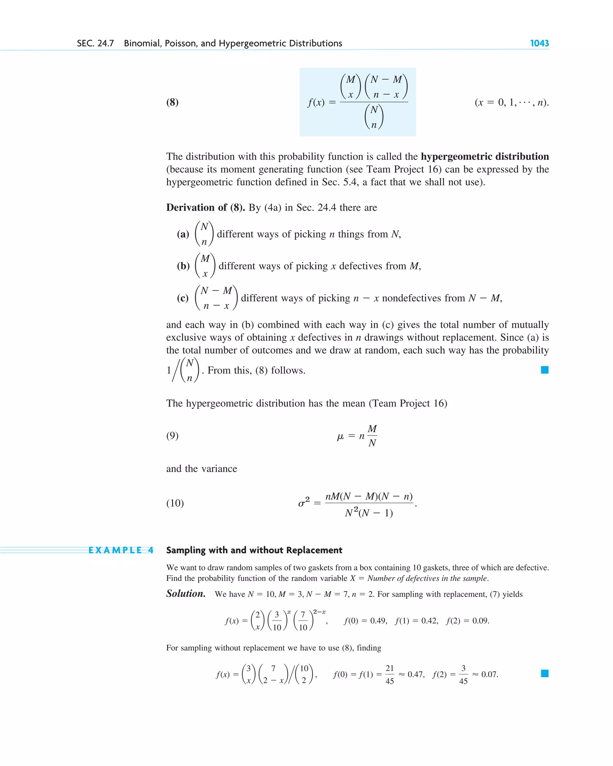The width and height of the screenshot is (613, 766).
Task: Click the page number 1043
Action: (x=539, y=43)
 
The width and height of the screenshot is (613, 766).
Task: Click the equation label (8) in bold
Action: (x=172, y=102)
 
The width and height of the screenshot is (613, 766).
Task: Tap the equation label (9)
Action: (x=172, y=435)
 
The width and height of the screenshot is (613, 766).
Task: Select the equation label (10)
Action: (x=175, y=503)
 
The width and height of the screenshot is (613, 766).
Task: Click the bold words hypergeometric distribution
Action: (x=485, y=157)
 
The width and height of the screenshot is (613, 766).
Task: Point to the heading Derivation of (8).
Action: (x=206, y=208)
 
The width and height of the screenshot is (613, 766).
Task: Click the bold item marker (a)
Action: (x=183, y=234)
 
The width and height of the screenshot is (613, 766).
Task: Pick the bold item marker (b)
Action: (x=183, y=266)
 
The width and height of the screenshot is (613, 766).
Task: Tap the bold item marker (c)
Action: (x=183, y=298)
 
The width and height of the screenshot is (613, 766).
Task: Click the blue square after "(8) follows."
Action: (x=544, y=370)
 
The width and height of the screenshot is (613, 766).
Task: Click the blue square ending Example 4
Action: (x=544, y=673)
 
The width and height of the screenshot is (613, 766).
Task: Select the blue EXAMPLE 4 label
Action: (x=121, y=550)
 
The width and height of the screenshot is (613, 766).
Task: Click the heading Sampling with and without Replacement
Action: (x=254, y=550)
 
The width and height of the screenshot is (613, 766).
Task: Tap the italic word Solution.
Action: (x=186, y=594)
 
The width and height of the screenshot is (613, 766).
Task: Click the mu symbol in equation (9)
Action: (x=340, y=436)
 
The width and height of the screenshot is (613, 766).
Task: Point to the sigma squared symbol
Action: (x=304, y=502)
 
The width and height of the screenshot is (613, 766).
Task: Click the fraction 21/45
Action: (x=390, y=674)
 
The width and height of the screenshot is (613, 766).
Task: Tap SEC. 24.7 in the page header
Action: (x=95, y=43)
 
